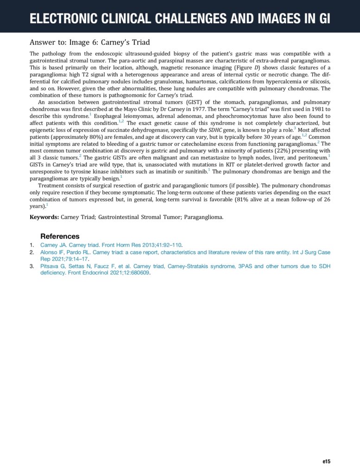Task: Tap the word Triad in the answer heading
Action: click(x=139, y=43)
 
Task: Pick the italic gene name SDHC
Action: click(x=216, y=130)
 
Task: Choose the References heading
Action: click(x=60, y=236)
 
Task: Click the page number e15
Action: click(x=326, y=462)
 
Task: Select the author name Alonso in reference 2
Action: click(x=51, y=252)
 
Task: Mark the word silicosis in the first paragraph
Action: click(x=318, y=81)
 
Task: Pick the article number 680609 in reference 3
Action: click(x=139, y=273)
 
